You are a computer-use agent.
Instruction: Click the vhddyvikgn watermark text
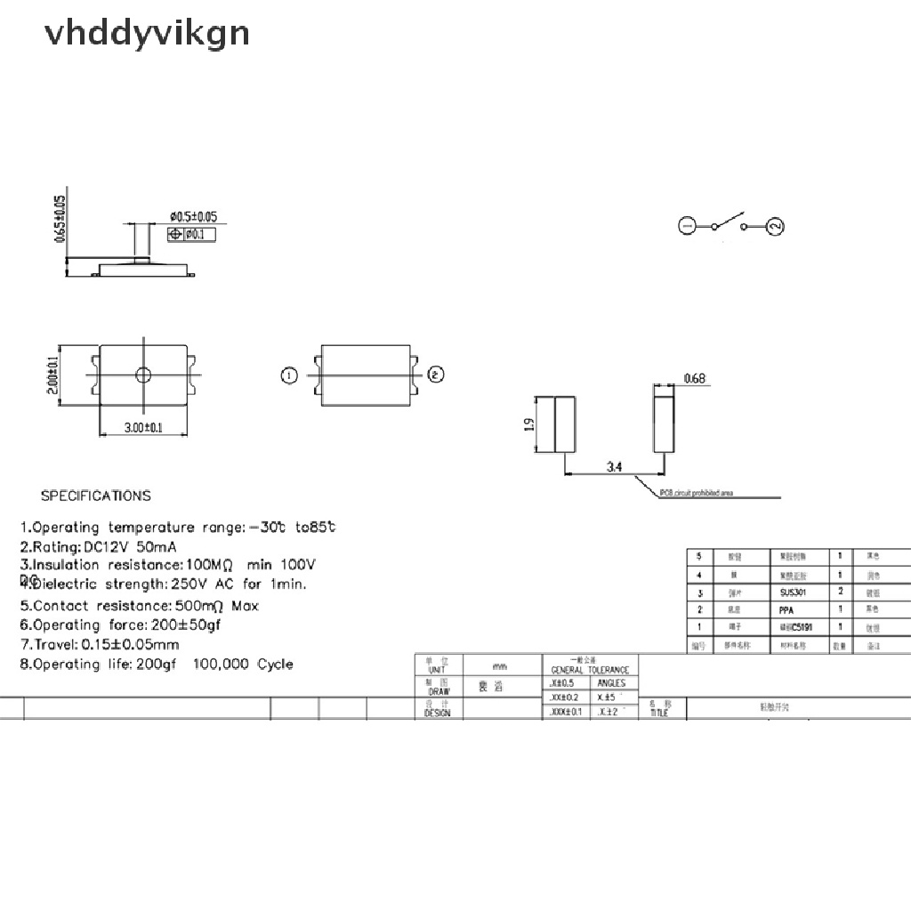147,34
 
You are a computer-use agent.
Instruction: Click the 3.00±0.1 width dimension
143,428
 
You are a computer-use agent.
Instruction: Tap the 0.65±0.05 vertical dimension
60,218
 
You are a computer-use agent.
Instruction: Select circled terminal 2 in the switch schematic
775,227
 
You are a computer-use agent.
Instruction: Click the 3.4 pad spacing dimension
615,465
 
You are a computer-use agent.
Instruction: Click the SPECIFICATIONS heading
96,496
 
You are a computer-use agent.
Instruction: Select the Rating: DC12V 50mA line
99,546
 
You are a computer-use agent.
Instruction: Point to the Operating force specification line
120,625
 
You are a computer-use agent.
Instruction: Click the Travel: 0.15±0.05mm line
100,644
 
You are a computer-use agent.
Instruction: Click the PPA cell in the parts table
786,609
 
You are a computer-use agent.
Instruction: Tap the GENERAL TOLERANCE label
589,670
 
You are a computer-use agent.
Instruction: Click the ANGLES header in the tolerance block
611,683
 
